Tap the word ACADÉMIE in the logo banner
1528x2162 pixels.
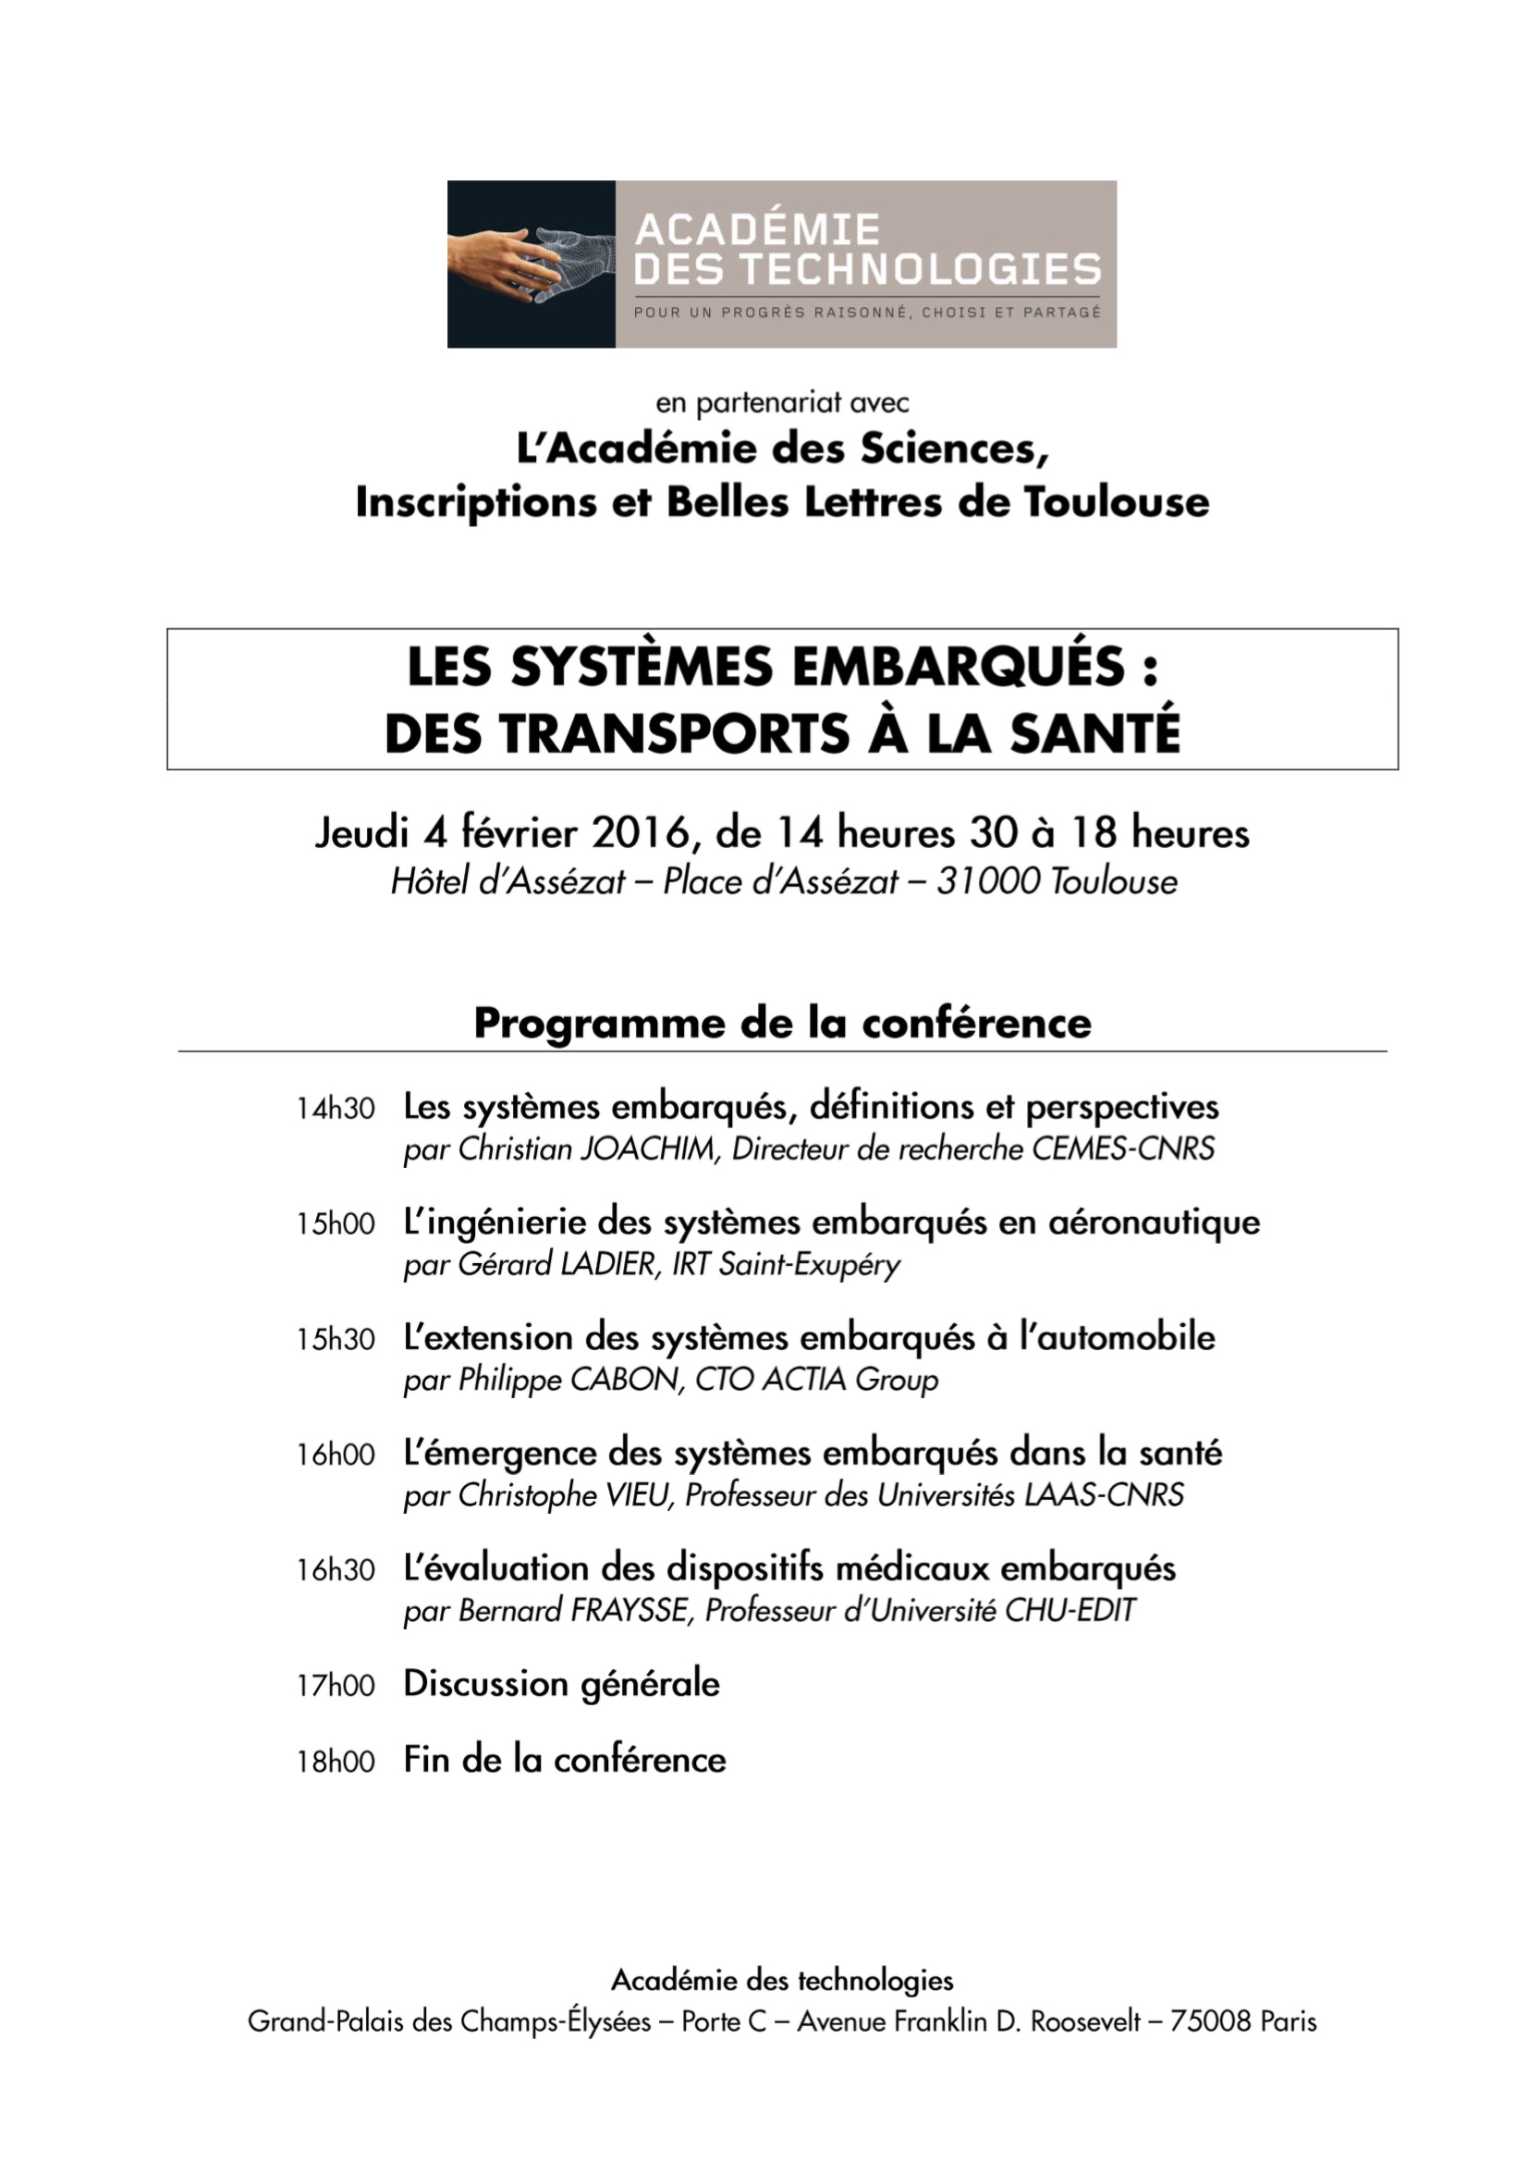click(757, 229)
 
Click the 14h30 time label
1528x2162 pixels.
click(336, 1110)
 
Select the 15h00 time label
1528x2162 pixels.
click(336, 1224)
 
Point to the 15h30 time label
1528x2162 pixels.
click(336, 1340)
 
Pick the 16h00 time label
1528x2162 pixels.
click(336, 1456)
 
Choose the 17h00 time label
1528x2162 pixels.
click(336, 1686)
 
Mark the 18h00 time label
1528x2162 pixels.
click(336, 1762)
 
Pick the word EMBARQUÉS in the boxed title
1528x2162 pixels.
click(959, 666)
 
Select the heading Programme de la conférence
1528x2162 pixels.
click(782, 1024)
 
